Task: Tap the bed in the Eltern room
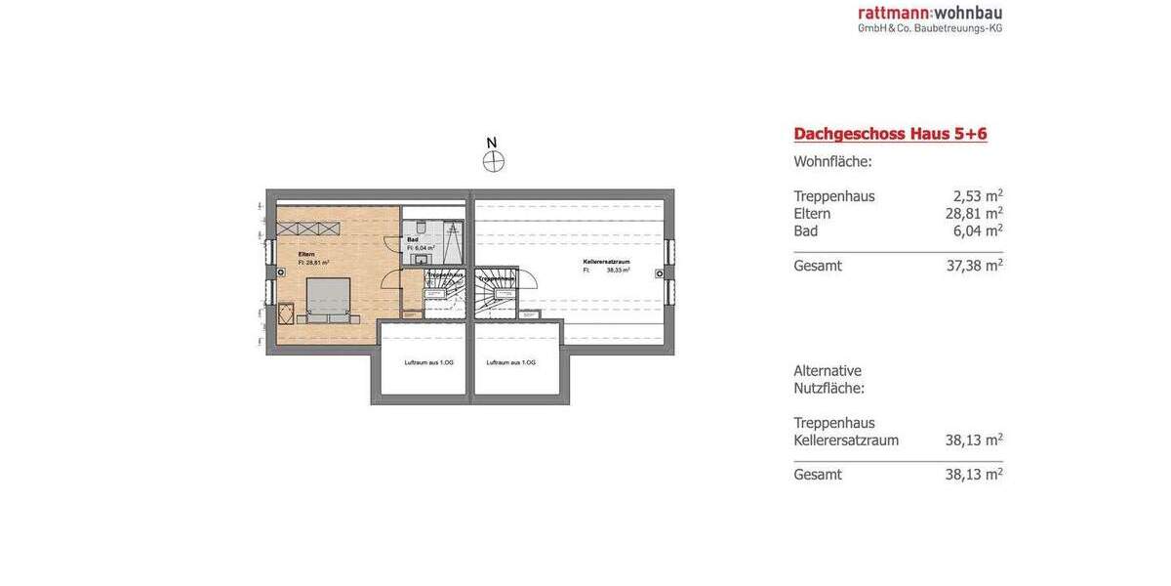(x=328, y=297)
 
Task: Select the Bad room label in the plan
(x=413, y=239)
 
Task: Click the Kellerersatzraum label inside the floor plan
(x=606, y=262)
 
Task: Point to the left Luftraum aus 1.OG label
(x=428, y=362)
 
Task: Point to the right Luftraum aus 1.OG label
(x=511, y=362)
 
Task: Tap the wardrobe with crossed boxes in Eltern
(x=307, y=229)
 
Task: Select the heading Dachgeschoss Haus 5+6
(x=890, y=134)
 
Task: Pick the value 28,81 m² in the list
(x=973, y=214)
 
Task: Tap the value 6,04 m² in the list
(x=977, y=231)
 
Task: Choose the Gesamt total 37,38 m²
(x=973, y=266)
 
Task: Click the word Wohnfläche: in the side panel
(x=832, y=162)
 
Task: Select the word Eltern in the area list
(x=812, y=214)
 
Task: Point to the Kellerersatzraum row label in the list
(x=846, y=440)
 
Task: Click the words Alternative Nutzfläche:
(x=828, y=379)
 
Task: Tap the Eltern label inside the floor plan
(x=306, y=254)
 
